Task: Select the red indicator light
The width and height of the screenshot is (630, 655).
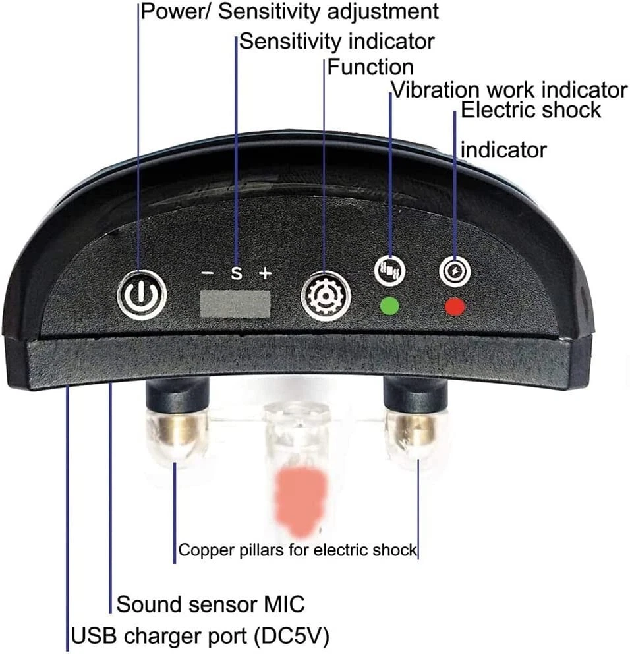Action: [455, 306]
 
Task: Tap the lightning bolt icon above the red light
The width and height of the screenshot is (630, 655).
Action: [455, 270]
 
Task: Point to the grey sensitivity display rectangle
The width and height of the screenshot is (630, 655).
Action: [235, 305]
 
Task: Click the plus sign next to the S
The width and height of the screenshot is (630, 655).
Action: [265, 272]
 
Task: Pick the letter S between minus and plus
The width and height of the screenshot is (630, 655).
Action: [235, 272]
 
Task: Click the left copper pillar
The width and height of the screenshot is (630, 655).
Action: [175, 432]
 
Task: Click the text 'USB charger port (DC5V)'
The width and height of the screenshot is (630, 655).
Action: [200, 637]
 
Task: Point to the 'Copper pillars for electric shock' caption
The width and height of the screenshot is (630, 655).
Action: [298, 550]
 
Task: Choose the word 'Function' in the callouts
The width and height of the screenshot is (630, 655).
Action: [370, 67]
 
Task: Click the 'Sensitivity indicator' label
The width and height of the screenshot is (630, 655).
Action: [336, 41]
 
